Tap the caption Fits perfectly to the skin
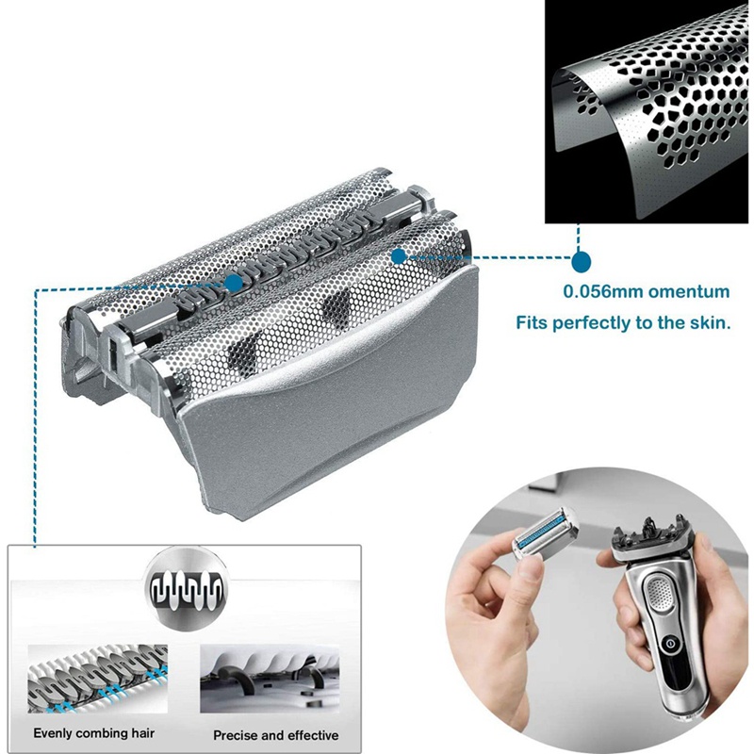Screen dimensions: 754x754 (623, 323)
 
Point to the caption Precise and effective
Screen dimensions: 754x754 (275, 734)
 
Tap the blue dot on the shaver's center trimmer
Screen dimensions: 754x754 (232, 282)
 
